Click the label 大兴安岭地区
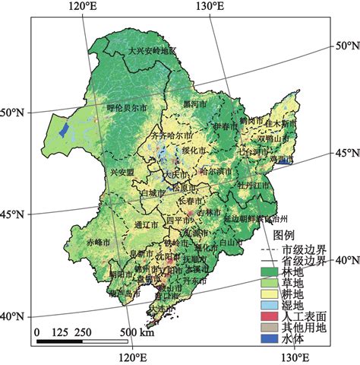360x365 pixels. click(x=152, y=51)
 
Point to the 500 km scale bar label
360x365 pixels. click(x=137, y=333)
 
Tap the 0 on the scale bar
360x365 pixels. click(x=36, y=333)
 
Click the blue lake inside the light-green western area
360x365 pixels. click(x=65, y=130)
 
